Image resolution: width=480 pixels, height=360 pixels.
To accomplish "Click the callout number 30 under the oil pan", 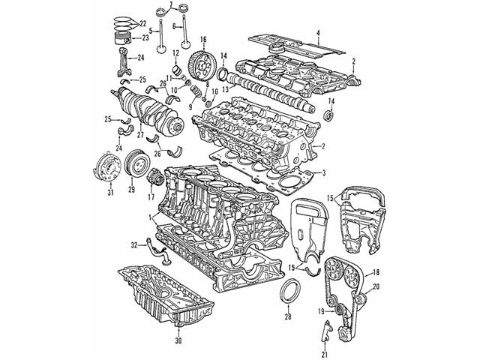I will tap(178, 341).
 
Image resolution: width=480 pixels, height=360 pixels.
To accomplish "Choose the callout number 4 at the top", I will tap(318, 31).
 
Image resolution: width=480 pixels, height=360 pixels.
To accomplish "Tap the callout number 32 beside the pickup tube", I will tap(134, 244).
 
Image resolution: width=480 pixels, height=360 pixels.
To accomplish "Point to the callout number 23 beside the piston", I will tap(145, 37).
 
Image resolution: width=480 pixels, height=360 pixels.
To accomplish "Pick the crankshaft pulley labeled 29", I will tap(135, 164).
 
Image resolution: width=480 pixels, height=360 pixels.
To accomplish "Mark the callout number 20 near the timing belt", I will tap(376, 286).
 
